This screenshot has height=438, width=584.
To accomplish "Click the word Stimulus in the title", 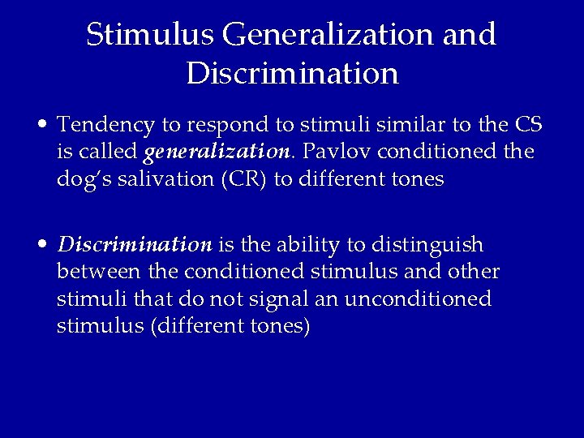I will (148, 34).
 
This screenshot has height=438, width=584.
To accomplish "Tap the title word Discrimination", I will (292, 73).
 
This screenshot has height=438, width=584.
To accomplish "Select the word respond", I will (225, 126).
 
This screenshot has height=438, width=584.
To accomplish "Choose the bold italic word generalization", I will (217, 152).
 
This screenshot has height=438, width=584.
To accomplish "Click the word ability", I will (306, 245).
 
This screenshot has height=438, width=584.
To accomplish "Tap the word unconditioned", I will (418, 298).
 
